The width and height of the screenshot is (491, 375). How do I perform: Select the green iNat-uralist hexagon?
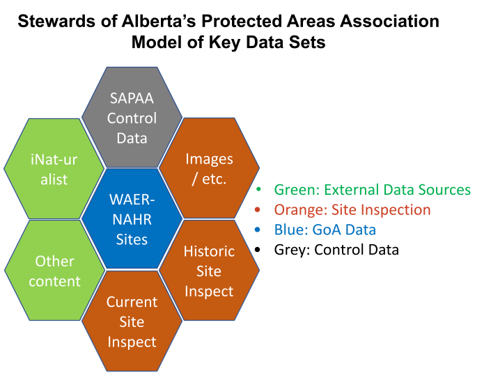point(54,169)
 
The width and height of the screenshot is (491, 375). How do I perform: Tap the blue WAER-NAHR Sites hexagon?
point(132,218)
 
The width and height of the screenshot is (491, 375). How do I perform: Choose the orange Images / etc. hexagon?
point(209,168)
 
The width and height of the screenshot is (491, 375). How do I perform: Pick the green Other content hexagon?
point(54,271)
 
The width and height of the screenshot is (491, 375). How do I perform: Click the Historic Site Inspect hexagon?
point(209,271)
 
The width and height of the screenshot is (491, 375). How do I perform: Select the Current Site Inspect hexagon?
point(132,321)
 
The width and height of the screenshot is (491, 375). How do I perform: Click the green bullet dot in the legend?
point(259,190)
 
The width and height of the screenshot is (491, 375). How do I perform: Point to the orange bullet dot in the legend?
point(259,210)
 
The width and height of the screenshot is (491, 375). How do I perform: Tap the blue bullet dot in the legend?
point(259,230)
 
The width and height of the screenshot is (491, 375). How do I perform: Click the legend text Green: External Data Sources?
point(372,190)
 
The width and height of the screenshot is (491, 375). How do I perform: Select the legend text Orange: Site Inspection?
point(352,210)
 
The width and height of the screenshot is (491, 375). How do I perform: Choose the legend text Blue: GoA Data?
point(325,230)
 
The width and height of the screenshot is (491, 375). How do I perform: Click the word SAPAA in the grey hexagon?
point(132,98)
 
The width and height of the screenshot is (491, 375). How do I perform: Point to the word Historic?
point(209,251)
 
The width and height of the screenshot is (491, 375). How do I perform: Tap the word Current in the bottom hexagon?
point(132,302)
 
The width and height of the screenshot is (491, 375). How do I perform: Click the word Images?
point(209,159)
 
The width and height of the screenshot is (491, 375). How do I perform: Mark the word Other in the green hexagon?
point(54,261)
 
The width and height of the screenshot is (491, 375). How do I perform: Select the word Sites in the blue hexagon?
point(132,239)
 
